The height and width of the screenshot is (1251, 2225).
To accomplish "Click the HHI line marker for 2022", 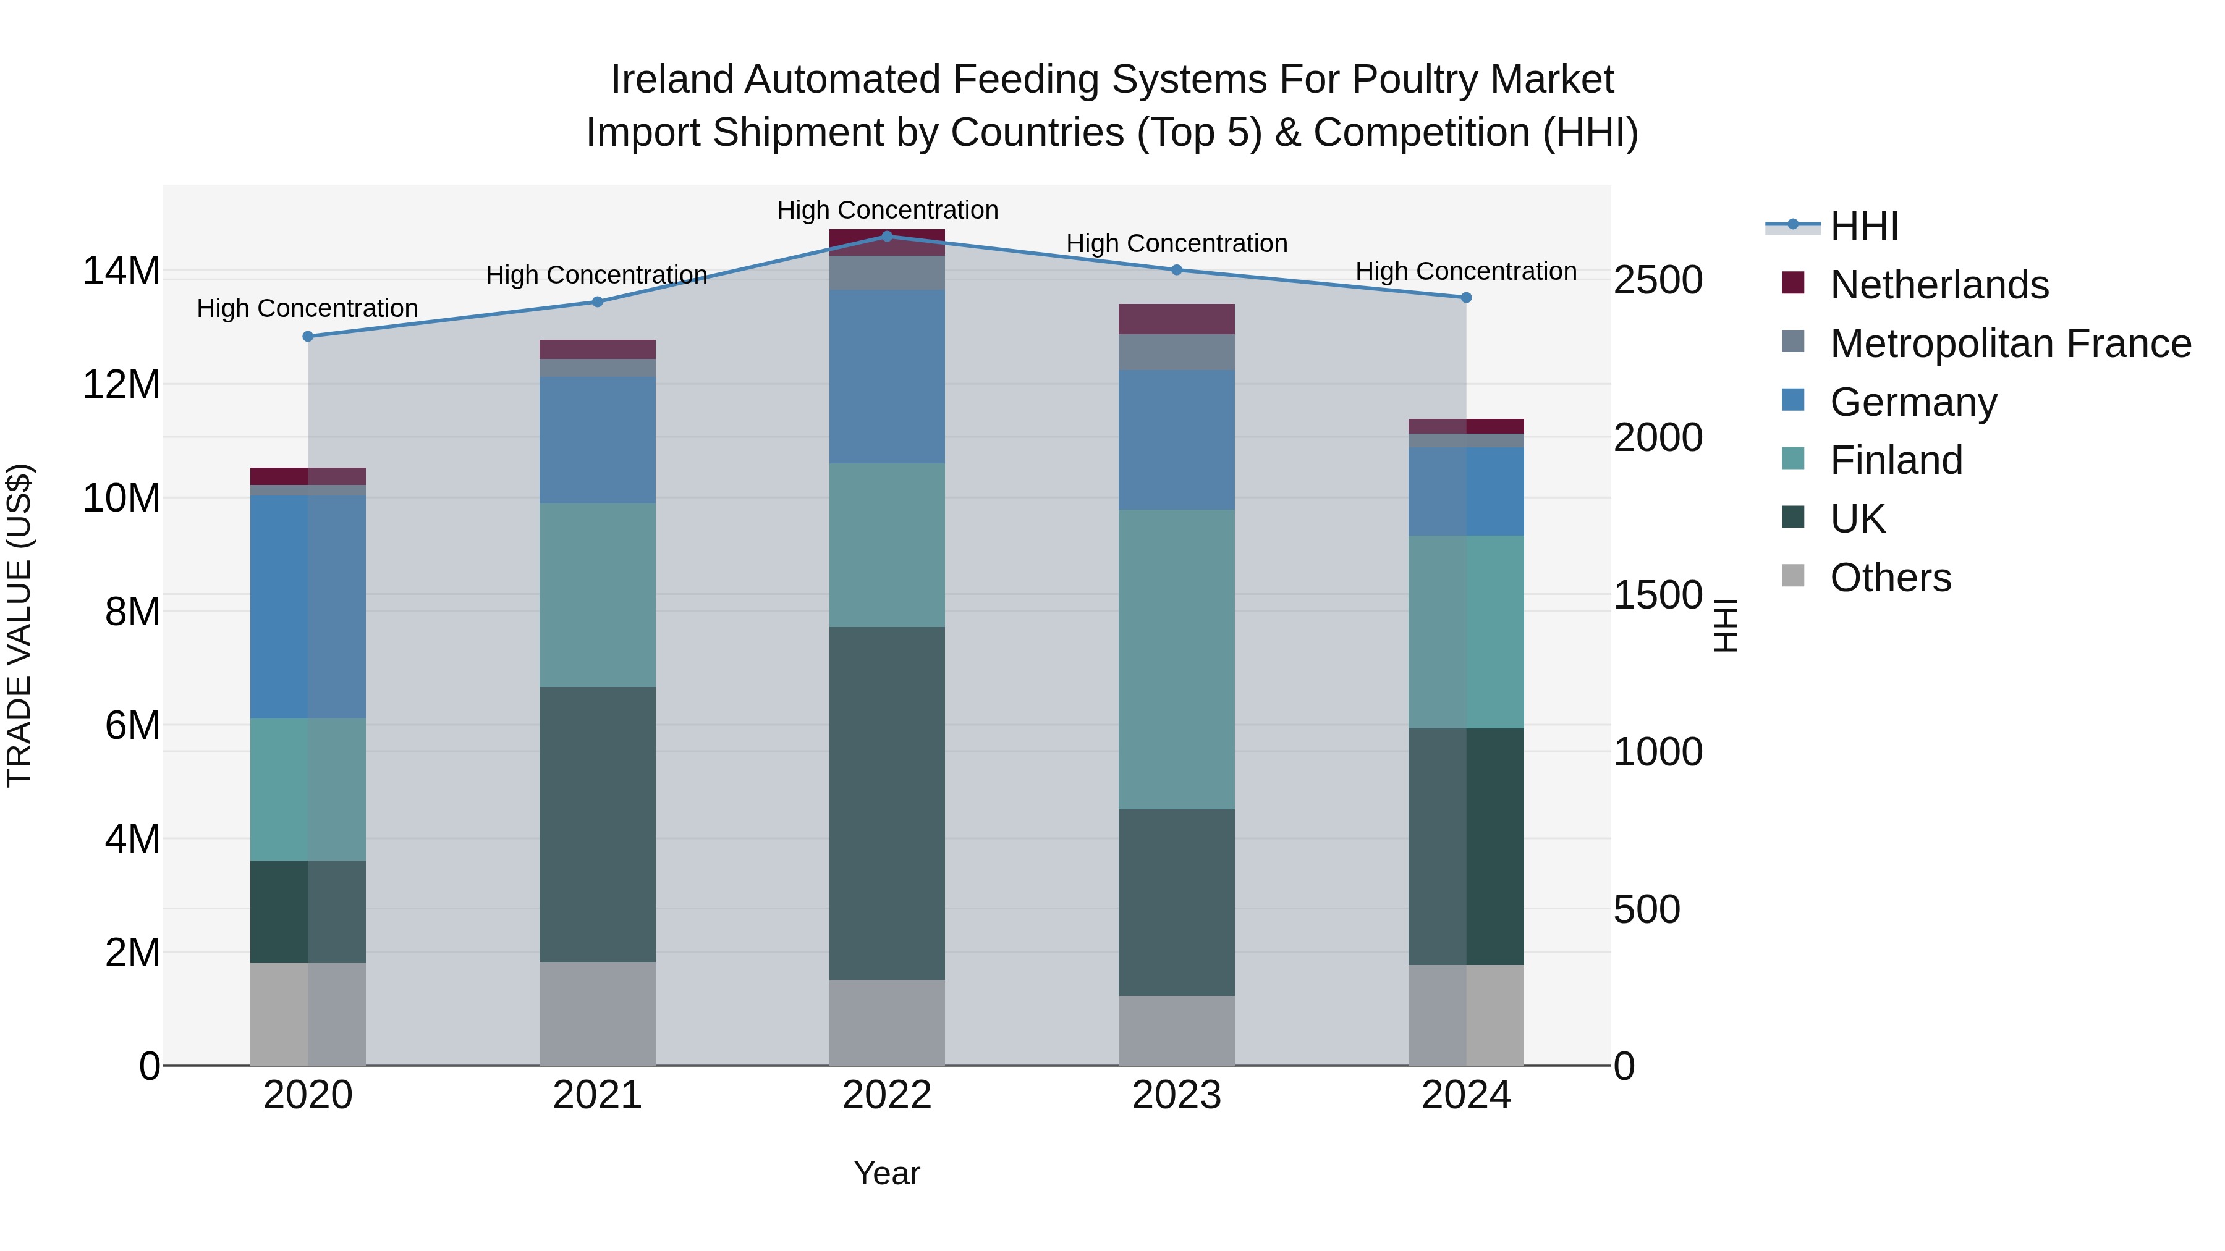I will [887, 236].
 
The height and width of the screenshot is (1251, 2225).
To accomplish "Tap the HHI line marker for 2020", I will [308, 337].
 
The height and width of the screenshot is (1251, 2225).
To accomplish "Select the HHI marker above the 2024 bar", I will [1466, 298].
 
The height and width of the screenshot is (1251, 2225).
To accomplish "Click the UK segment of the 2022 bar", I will [887, 803].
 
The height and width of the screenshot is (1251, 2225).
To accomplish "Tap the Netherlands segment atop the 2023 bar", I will [1176, 319].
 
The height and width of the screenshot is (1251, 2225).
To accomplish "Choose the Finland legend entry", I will [1896, 460].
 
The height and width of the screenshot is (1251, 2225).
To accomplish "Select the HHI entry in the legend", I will [1864, 226].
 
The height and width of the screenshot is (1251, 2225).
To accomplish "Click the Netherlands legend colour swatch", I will [1793, 283].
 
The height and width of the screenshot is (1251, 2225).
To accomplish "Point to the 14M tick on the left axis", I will [121, 271].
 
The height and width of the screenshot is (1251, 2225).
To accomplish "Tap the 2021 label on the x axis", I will [598, 1095].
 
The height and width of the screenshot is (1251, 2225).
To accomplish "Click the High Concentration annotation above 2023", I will [1176, 243].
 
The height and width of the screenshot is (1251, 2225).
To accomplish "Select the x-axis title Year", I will [887, 1173].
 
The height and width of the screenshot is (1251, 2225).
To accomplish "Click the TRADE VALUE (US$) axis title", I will [19, 625].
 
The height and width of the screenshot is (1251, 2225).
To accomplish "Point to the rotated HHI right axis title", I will [1725, 625].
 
